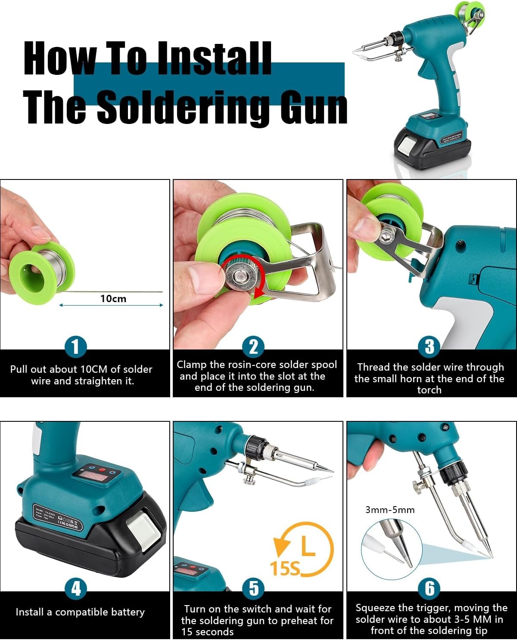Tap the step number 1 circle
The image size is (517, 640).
[76, 347]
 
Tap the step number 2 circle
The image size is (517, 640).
[253, 347]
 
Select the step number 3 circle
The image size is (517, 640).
[430, 347]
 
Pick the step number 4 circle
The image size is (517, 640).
[76, 588]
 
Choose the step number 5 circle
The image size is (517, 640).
[253, 588]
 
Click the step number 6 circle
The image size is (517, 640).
[430, 588]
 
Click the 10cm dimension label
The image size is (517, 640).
[113, 299]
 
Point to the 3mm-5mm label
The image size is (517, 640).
[389, 510]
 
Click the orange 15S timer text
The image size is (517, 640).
[285, 569]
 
